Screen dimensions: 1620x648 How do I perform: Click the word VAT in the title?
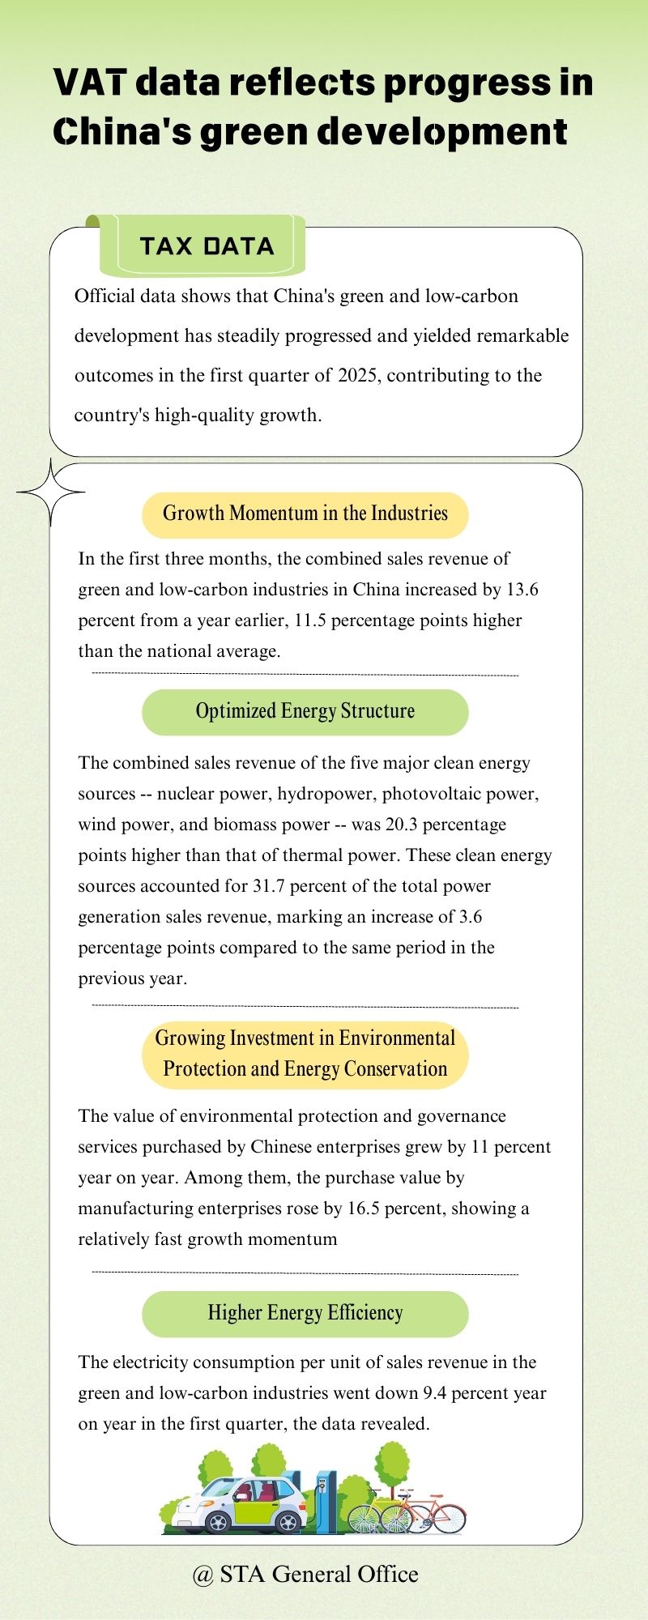click(x=89, y=83)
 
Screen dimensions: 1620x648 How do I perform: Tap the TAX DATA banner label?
click(x=207, y=246)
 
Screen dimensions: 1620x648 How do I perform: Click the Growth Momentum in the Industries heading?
click(x=305, y=514)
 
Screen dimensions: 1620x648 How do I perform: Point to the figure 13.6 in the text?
click(x=522, y=590)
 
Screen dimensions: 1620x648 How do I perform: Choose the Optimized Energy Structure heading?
click(x=305, y=712)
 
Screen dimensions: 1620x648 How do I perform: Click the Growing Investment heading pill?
click(x=305, y=1054)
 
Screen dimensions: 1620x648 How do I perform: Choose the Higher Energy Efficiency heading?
click(x=305, y=1314)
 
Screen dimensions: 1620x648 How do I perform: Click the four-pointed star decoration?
click(x=51, y=492)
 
